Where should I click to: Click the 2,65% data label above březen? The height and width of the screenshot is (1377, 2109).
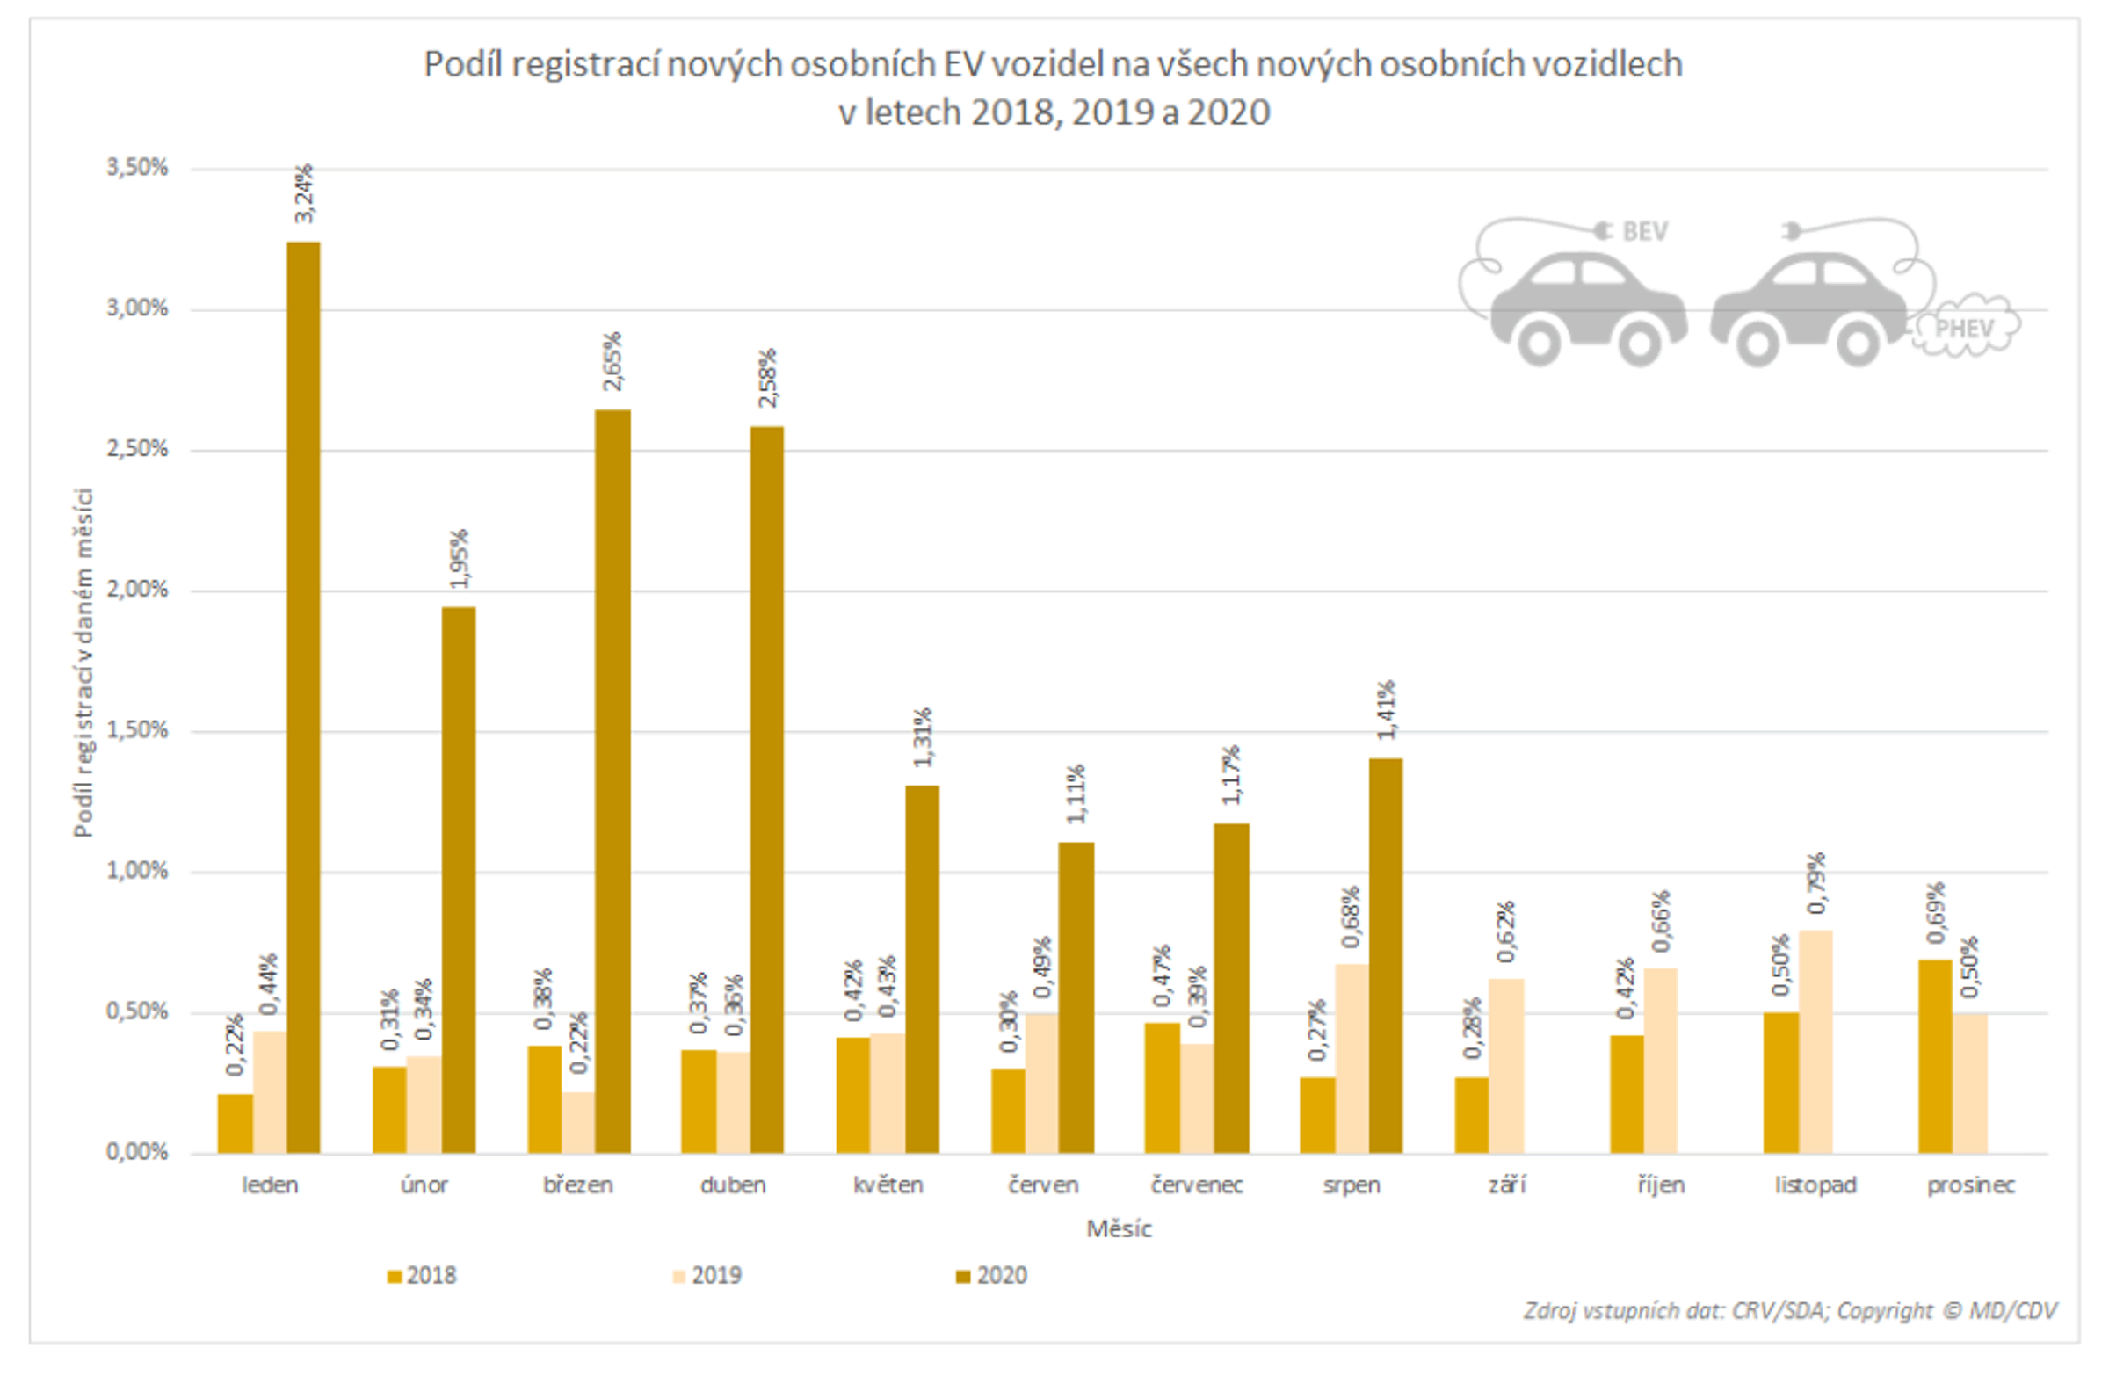tap(612, 361)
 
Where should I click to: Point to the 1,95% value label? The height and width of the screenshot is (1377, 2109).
tap(459, 558)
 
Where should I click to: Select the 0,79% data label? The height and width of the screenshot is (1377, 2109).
tap(1816, 882)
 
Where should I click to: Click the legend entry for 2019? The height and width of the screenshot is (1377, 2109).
tap(707, 1275)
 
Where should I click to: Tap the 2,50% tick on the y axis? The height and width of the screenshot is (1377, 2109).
tap(137, 448)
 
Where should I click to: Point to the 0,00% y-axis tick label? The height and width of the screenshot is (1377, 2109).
tap(137, 1152)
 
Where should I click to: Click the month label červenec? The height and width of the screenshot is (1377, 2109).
tap(1196, 1185)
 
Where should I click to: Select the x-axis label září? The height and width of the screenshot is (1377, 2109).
tap(1506, 1185)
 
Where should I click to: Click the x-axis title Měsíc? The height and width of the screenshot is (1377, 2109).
tap(1119, 1229)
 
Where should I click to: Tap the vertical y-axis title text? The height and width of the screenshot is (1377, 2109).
tap(83, 662)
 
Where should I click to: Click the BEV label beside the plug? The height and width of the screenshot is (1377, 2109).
tap(1645, 231)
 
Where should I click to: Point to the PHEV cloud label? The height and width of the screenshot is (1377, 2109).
tap(1964, 329)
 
